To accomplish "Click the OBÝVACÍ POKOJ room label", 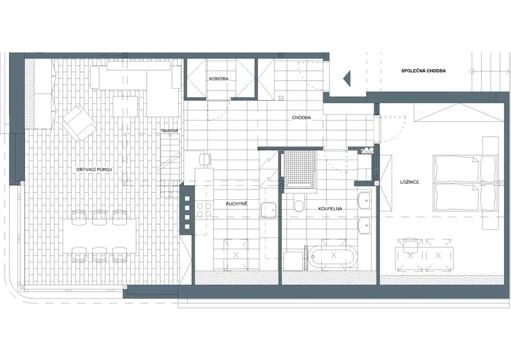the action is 94,169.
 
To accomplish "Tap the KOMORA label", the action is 218,79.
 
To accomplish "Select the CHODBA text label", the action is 301,117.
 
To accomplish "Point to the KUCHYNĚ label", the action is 236,204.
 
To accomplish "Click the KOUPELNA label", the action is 330,209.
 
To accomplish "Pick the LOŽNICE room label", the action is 409,182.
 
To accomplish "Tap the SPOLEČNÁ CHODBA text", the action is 423,71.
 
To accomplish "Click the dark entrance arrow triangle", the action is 346,79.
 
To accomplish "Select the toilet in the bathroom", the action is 298,204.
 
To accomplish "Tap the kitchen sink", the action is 268,210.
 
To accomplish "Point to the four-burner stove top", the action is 204,209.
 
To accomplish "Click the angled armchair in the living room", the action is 79,123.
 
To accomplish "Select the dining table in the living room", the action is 100,236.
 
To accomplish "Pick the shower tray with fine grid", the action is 300,169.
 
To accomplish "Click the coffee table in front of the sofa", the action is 125,106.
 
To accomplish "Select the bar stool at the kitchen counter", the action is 205,159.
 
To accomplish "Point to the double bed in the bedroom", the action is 464,183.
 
